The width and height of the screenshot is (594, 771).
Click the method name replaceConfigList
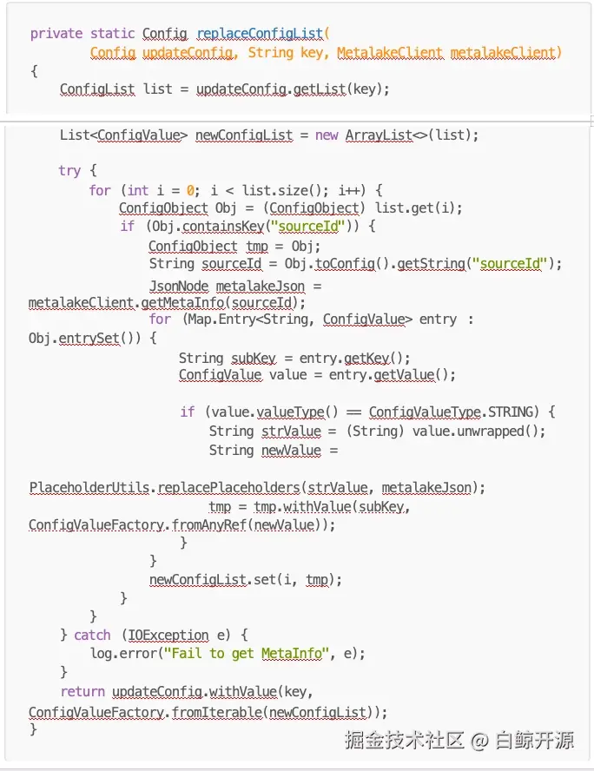click(x=259, y=34)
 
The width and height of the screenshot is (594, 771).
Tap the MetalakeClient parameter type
click(x=390, y=53)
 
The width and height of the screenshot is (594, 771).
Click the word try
click(x=69, y=170)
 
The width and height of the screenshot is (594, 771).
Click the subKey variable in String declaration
click(x=253, y=358)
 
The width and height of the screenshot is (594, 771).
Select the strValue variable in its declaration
click(x=291, y=431)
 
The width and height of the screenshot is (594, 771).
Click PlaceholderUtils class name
click(x=90, y=487)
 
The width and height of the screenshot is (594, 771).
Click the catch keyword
click(x=92, y=635)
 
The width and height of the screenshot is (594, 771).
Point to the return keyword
click(x=82, y=691)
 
